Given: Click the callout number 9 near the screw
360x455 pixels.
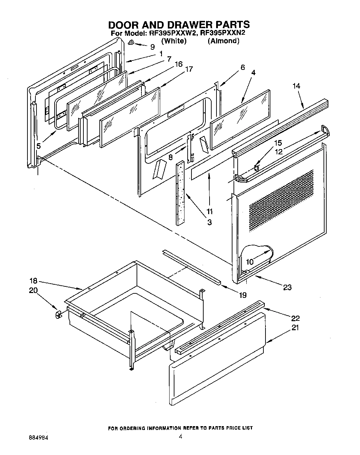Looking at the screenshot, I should [x=152, y=47].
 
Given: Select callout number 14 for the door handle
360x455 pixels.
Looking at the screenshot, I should [x=296, y=86].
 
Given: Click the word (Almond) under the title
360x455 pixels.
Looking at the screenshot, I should [x=223, y=41].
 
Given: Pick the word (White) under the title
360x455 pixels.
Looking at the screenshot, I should [x=174, y=41].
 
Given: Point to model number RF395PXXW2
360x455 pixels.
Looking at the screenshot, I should [x=169, y=33].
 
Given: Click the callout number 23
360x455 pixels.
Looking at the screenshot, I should [x=287, y=287].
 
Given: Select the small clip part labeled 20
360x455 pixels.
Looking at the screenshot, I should [x=58, y=314].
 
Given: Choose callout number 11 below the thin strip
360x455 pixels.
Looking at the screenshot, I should [x=209, y=211].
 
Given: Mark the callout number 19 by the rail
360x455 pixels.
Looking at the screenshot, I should [x=243, y=295].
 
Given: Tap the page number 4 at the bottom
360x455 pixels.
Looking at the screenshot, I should [x=180, y=437].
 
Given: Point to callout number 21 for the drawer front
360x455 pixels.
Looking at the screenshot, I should [x=295, y=327].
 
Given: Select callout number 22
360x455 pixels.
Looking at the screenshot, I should [x=296, y=318].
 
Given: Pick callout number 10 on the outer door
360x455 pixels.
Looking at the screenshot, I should [x=250, y=262].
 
